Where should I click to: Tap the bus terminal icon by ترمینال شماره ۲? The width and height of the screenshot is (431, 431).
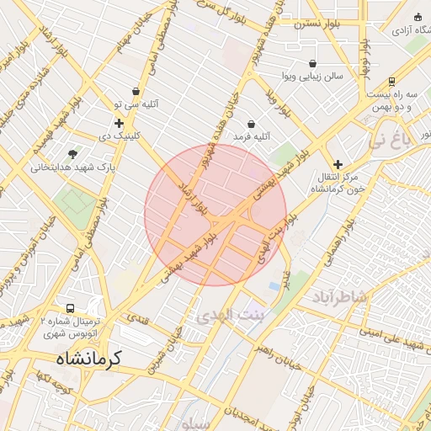tap(70, 308)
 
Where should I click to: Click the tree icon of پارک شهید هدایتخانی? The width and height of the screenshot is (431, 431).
tap(73, 154)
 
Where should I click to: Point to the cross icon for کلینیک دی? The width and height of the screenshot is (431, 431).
tap(119, 123)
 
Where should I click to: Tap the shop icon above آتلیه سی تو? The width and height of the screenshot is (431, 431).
tap(136, 92)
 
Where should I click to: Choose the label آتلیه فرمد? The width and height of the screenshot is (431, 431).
tap(251, 136)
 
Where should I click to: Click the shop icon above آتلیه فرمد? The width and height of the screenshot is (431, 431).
tap(251, 125)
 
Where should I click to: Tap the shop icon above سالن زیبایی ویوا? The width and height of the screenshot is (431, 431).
tap(313, 63)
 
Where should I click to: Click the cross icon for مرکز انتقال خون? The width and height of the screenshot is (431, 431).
tap(338, 164)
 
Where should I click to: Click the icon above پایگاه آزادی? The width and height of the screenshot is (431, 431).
tap(418, 18)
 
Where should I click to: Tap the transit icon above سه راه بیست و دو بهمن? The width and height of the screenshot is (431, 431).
tap(392, 82)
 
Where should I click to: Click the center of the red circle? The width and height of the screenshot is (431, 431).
tap(215, 215)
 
